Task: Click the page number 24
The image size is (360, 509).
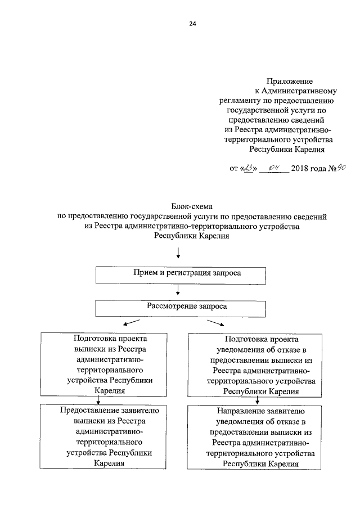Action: pos(193,24)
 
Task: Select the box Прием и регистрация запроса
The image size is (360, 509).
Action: pos(179,274)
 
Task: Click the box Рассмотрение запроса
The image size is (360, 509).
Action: pos(179,307)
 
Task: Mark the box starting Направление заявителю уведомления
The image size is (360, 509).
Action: pos(256,438)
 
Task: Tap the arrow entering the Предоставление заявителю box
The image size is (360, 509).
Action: pos(99,400)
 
